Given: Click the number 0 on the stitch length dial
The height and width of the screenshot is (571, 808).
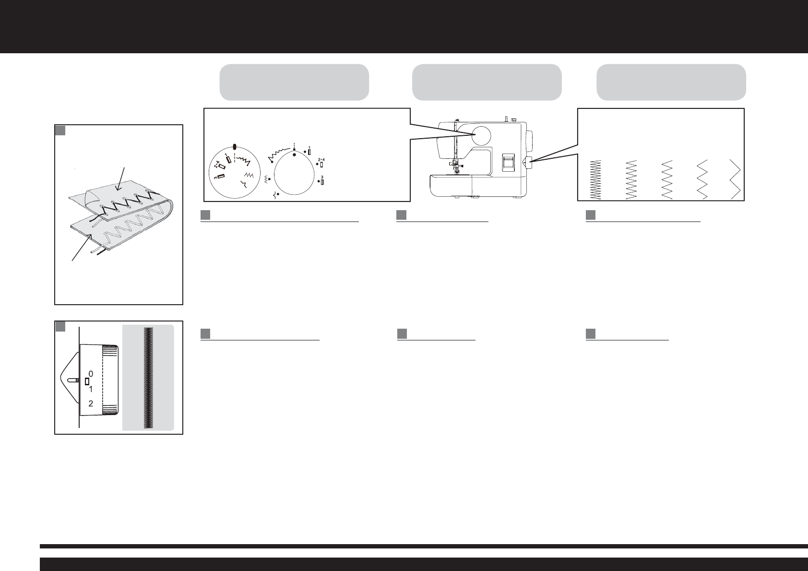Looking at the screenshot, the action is [91, 373].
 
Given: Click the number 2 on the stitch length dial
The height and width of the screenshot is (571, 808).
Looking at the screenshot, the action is [91, 404].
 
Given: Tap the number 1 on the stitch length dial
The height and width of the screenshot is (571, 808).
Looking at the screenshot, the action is [91, 389].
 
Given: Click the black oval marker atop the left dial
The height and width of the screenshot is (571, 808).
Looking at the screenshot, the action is [235, 147].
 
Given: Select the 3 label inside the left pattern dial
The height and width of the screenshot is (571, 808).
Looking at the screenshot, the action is [216, 178].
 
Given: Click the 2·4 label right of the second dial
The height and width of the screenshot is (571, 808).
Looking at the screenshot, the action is [321, 159].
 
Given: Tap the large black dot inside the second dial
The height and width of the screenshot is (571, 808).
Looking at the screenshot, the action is [294, 155].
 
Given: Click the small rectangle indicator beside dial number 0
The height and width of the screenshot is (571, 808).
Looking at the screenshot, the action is [87, 381].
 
